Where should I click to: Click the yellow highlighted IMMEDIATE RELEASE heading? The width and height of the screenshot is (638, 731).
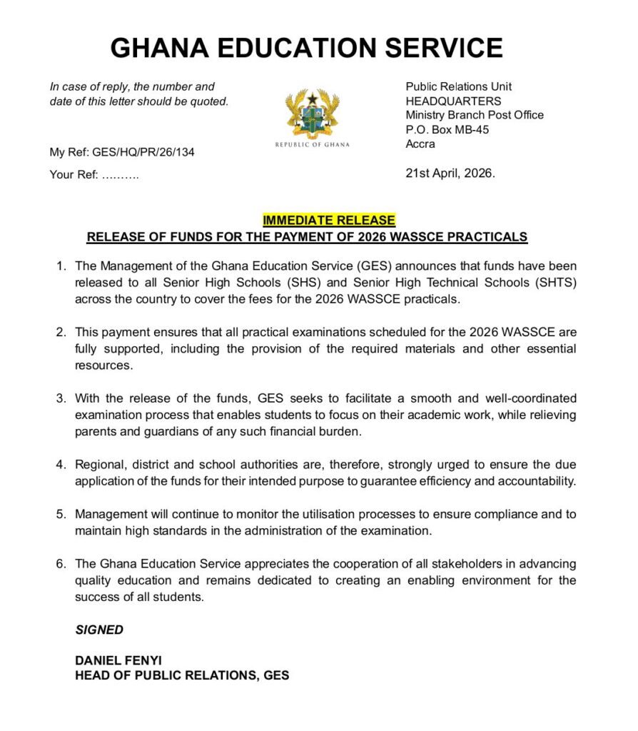point(329,221)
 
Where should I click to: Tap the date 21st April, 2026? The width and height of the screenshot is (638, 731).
point(450,173)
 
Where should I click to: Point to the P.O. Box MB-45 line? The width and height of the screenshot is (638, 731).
point(447,129)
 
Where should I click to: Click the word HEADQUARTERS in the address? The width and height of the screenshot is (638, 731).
point(453,101)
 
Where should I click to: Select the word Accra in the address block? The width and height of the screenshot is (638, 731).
point(420,143)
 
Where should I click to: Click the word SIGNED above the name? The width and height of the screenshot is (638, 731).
point(99,630)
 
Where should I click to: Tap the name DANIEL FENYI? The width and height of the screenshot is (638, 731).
point(118,661)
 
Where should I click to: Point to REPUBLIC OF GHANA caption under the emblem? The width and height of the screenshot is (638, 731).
point(313,145)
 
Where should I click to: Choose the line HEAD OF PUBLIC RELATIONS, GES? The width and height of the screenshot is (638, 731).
point(182,675)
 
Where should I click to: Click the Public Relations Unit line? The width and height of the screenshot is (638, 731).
point(458,86)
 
